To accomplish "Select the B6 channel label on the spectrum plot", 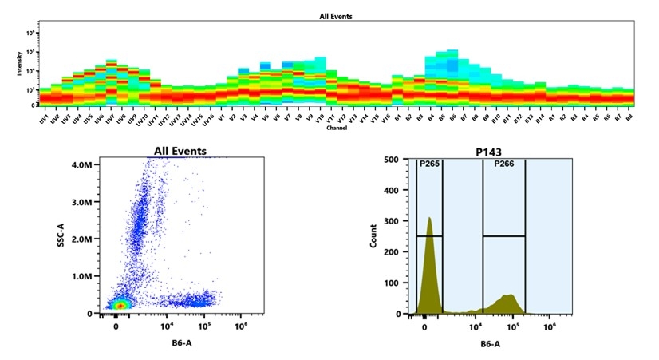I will (x=452, y=118).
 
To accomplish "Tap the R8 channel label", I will (x=629, y=118).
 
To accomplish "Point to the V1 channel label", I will (x=220, y=118).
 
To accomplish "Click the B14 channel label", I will (x=539, y=118).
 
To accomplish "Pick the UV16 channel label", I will (x=207, y=119).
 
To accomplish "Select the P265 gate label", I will (x=429, y=164).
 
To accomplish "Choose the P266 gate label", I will (x=503, y=164).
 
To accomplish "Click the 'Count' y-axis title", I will (x=373, y=237).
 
